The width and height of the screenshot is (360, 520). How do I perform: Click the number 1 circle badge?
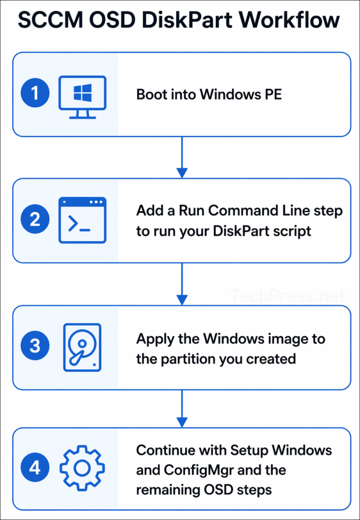pos(35,94)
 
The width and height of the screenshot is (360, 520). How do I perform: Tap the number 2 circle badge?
pos(35,220)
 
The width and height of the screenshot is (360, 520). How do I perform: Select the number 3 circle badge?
pos(35,347)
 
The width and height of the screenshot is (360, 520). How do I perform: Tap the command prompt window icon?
pos(82,220)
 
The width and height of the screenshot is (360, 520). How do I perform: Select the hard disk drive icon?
pos(82,347)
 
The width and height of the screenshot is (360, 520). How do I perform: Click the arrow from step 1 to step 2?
pos(181,157)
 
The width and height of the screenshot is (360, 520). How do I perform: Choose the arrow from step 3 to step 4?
pos(181,409)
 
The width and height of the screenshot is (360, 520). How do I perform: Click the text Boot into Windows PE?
pos(209,94)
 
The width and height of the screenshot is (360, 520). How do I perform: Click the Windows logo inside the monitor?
pos(82,92)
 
